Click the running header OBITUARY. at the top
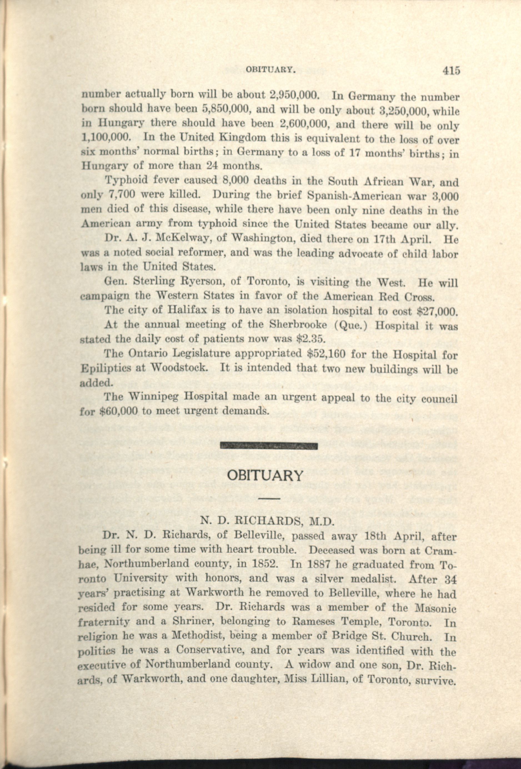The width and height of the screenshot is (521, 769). tap(269, 70)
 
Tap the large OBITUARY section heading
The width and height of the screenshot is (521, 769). tap(265, 475)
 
